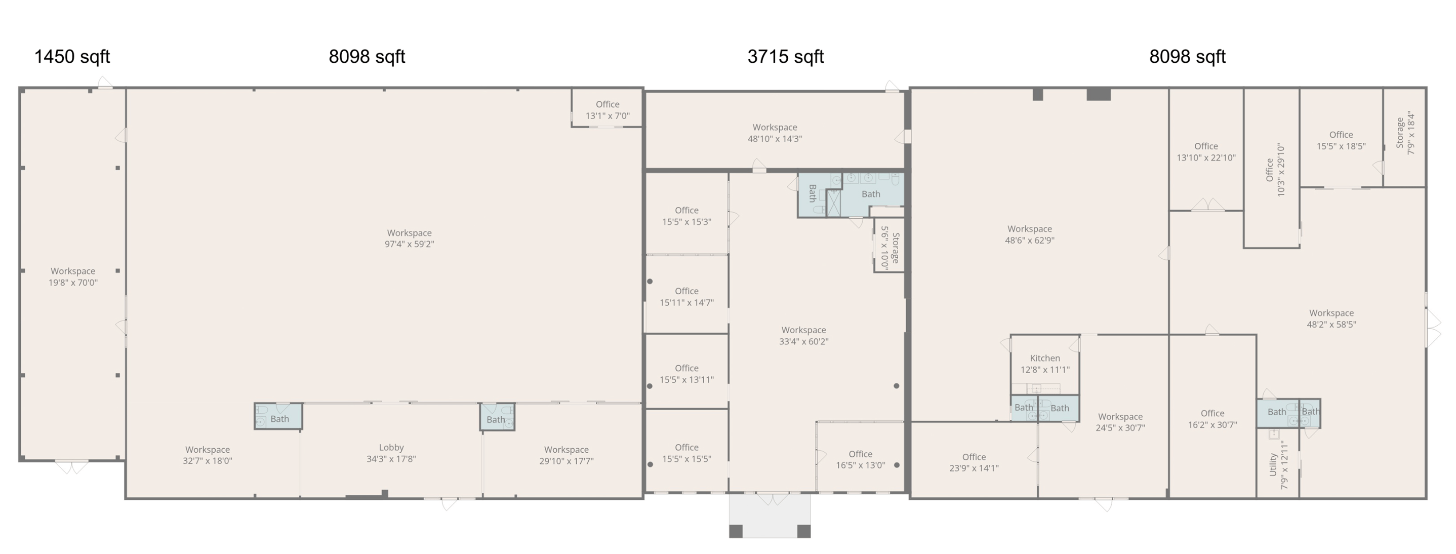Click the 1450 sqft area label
point(72,57)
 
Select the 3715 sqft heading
point(786,57)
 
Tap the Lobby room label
point(391,447)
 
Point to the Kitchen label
point(1045,359)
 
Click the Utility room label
point(1273,465)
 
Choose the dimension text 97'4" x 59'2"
point(409,244)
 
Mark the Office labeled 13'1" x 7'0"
point(608,110)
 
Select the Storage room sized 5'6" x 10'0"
point(890,248)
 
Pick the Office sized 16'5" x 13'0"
point(860,460)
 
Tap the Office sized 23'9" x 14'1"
point(974,462)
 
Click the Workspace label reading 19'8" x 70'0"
point(73,277)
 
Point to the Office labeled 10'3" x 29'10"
point(1275,170)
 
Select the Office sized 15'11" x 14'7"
point(686,297)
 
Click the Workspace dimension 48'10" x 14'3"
point(775,139)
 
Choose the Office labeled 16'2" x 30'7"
point(1212,419)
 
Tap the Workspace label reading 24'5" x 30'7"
point(1120,422)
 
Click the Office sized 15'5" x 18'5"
point(1341,140)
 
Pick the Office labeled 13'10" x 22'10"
point(1206,152)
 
